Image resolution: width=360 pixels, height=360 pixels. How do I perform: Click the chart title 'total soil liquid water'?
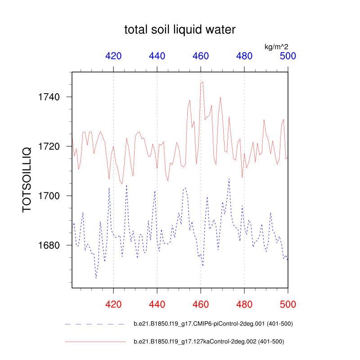(180, 30)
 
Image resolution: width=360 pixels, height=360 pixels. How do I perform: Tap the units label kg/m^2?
(276, 46)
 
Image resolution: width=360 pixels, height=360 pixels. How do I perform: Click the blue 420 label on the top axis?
(113, 56)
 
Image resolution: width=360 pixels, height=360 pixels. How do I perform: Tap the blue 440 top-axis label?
(157, 56)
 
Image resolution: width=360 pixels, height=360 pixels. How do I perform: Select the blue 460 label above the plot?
(201, 56)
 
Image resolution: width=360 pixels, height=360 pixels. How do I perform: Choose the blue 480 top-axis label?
(244, 56)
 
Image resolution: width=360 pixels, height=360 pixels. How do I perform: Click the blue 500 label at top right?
(288, 56)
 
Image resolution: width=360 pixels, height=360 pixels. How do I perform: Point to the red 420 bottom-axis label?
(113, 304)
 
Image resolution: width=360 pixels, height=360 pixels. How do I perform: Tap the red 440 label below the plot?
(157, 304)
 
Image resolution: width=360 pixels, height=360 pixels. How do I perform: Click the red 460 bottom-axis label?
(201, 304)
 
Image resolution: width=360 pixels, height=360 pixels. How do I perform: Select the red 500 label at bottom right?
(288, 304)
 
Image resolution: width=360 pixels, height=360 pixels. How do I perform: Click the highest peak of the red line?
(202, 82)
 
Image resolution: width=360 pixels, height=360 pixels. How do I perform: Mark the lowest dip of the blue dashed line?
(96, 278)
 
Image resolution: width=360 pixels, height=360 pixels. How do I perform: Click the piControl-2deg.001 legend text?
(213, 324)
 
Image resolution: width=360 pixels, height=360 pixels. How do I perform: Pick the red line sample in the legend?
(95, 342)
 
